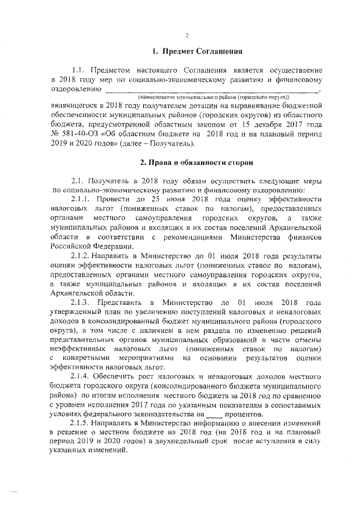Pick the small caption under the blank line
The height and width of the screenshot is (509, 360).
(x=209, y=97)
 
